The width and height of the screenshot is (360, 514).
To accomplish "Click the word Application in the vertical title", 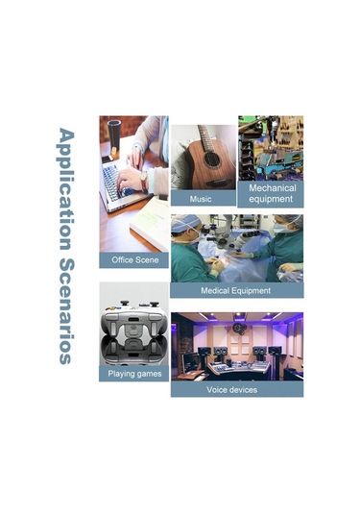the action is pyautogui.click(x=66, y=189).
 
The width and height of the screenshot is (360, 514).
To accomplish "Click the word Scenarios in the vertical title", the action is pyautogui.click(x=67, y=311).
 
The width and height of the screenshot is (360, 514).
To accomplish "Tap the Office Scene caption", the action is pyautogui.click(x=135, y=260).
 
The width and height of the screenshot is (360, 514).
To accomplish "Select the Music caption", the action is pyautogui.click(x=201, y=199).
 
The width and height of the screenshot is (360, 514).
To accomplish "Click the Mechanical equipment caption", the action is pyautogui.click(x=271, y=193).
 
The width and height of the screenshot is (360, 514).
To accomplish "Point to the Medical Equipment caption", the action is pyautogui.click(x=236, y=290).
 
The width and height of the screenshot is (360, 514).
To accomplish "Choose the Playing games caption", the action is pyautogui.click(x=134, y=374).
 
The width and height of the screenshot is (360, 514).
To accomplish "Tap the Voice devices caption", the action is pyautogui.click(x=232, y=390).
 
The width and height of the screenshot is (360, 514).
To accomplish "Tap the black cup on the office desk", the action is pyautogui.click(x=114, y=135).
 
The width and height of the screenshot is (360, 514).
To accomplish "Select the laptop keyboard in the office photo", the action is pyautogui.click(x=114, y=182).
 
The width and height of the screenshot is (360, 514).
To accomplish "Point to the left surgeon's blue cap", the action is pyautogui.click(x=184, y=223).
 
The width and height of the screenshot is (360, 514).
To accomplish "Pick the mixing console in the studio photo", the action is pyautogui.click(x=236, y=369).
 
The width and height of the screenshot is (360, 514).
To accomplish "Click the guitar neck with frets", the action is pyautogui.click(x=205, y=137).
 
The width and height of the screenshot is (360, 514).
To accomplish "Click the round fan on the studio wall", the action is pyautogui.click(x=238, y=328).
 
